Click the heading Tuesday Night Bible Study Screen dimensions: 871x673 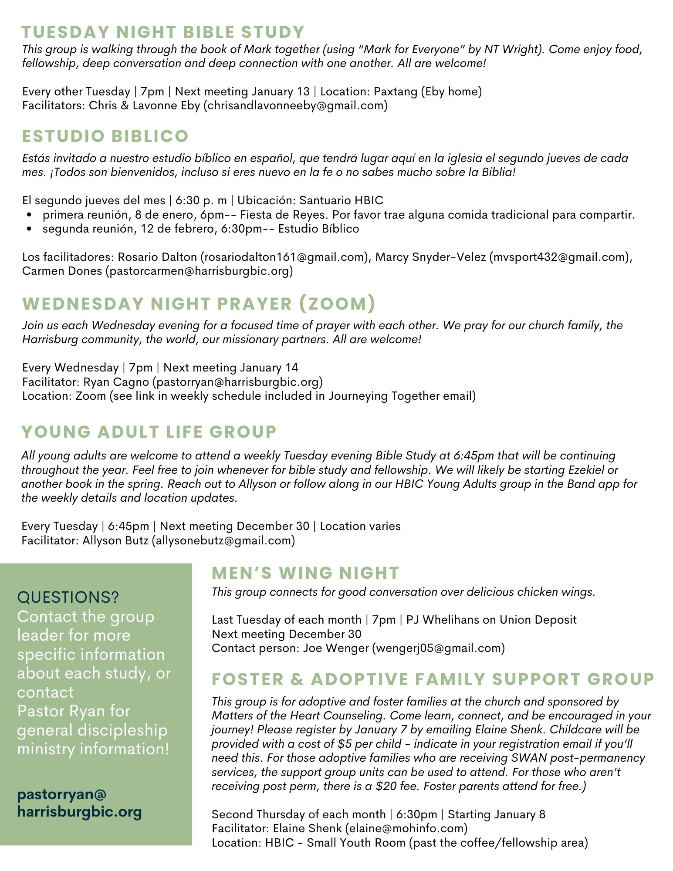[x=163, y=32]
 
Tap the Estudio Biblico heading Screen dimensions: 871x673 [x=105, y=136]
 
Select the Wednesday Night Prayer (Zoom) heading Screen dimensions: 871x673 [x=199, y=304]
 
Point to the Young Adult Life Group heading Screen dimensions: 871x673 [x=149, y=432]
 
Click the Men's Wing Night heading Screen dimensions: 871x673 [x=305, y=573]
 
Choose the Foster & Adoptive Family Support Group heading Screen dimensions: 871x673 [x=433, y=679]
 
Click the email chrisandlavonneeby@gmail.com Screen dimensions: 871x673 [x=295, y=105]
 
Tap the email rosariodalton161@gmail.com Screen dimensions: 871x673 [x=285, y=257]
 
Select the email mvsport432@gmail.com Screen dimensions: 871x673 [x=559, y=257]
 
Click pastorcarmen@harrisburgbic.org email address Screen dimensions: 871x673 [x=199, y=271]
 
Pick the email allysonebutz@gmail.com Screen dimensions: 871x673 [x=223, y=540]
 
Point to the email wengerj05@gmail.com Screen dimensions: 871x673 [x=438, y=648]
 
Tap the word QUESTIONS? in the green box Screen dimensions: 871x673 [x=68, y=597]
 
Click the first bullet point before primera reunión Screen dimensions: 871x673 [x=29, y=215]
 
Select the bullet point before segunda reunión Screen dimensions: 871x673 [x=29, y=229]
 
